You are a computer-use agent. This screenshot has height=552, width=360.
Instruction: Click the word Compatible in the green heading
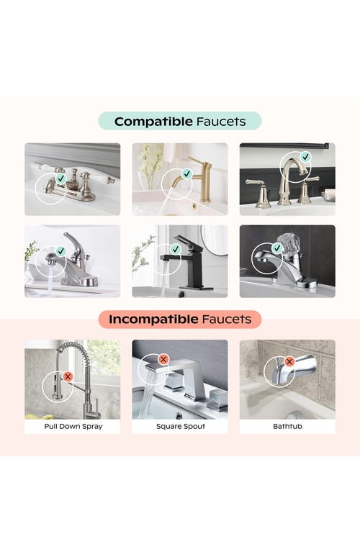coord(153,122)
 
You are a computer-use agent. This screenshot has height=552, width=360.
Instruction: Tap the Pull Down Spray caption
coord(73,426)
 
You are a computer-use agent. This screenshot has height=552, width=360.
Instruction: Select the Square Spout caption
coord(180,426)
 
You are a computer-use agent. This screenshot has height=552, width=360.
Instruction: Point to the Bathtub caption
coord(287,426)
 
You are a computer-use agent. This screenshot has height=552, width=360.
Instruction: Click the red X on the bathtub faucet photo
coord(289,361)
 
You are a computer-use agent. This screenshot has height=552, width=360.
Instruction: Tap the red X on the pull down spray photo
coord(68,376)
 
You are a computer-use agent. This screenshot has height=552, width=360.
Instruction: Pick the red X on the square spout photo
coord(163,358)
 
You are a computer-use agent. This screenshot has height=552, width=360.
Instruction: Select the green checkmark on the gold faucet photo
coord(186,174)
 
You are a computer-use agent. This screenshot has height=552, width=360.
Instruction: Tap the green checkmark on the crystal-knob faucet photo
coord(277,250)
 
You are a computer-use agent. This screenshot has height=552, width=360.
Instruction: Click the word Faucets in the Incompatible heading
coord(228,318)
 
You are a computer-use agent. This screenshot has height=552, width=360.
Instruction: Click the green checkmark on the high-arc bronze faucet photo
coord(305,156)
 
